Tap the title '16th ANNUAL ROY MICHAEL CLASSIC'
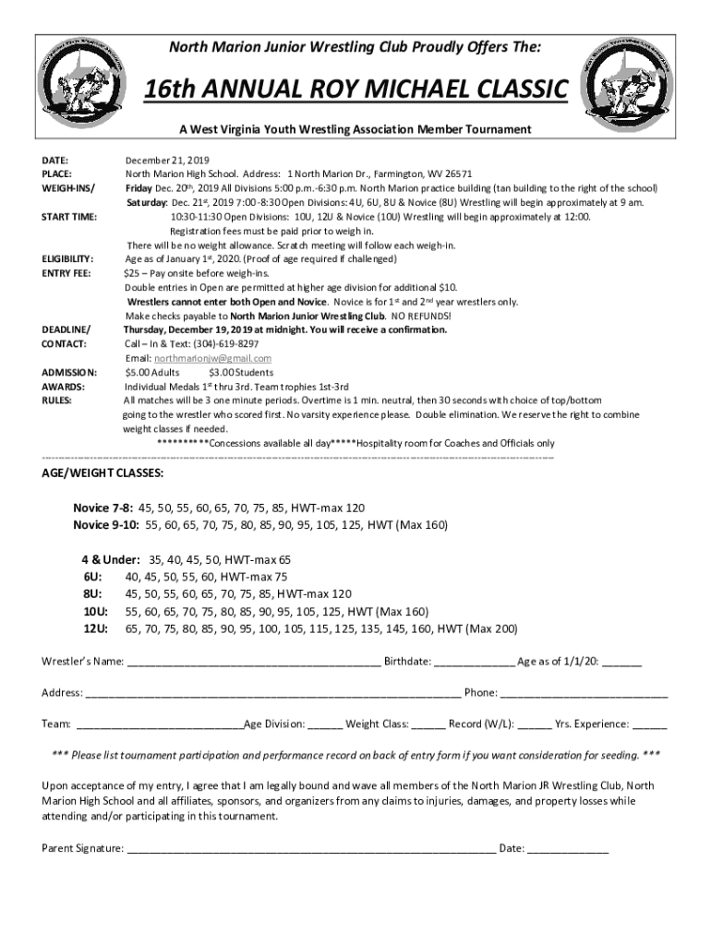(355, 92)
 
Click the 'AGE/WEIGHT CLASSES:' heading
(102, 472)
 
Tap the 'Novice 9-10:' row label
(106, 524)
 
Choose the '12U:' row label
(96, 628)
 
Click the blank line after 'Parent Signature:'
(311, 848)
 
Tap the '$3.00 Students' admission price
(241, 373)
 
